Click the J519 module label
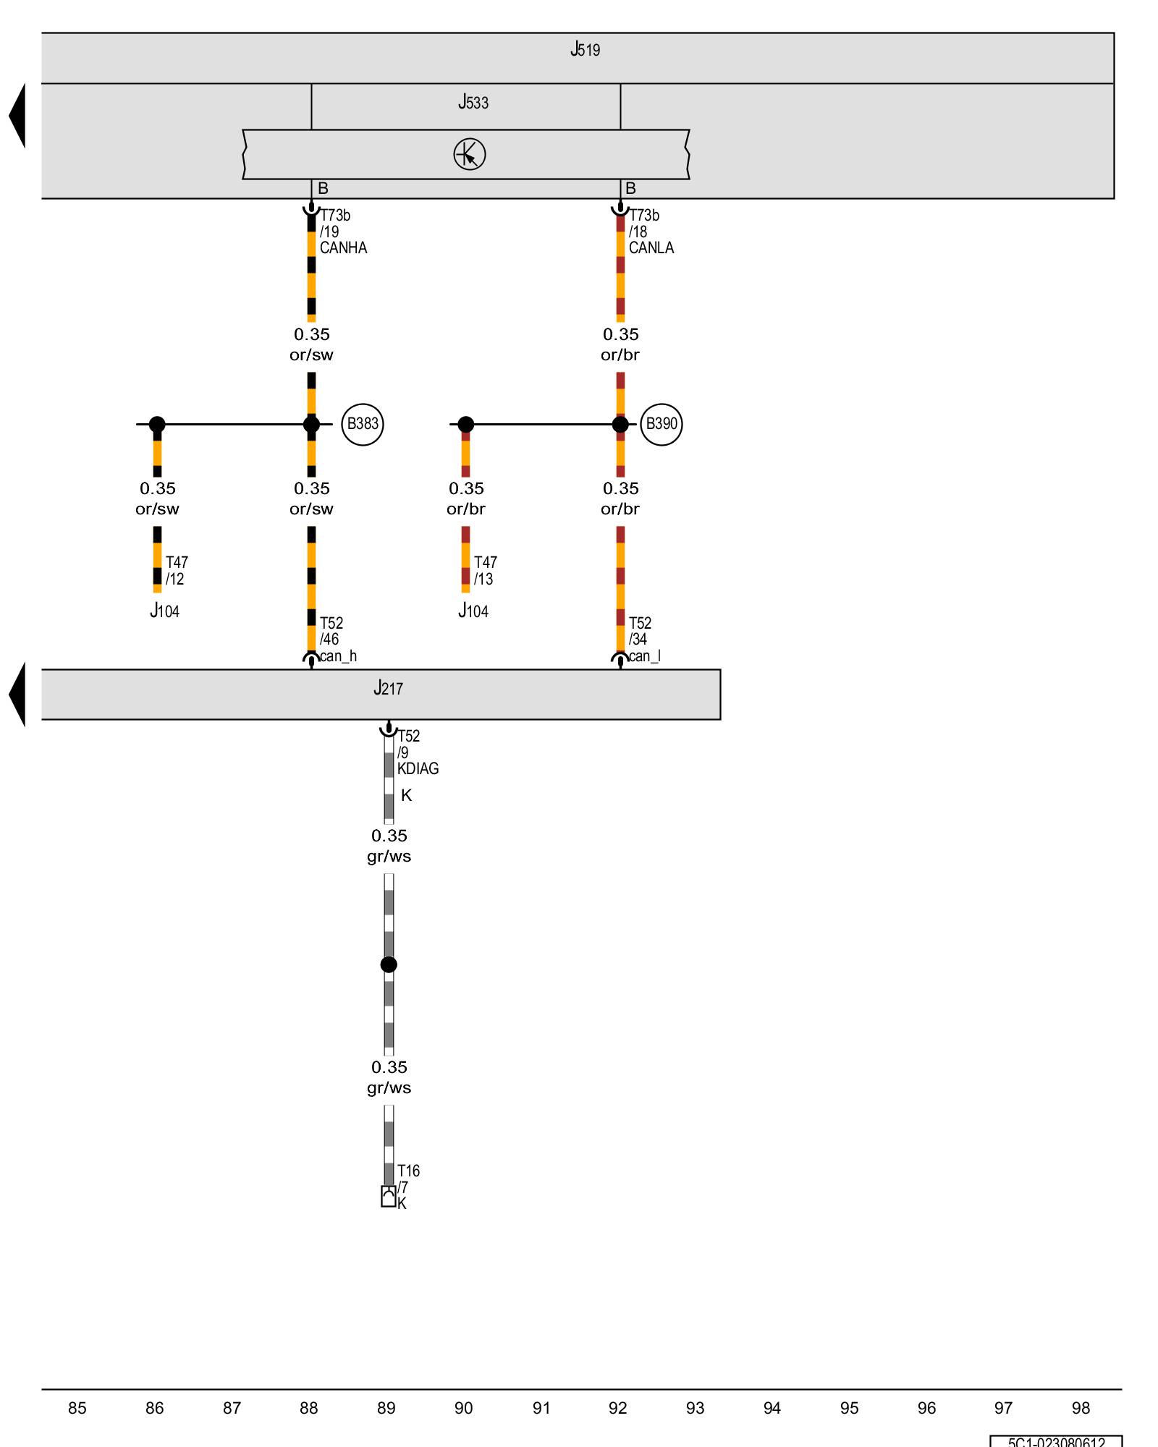585,50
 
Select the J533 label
473,103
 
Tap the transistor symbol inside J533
470,155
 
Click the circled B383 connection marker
363,424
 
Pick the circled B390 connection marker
662,424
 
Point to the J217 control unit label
388,689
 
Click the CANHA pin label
344,248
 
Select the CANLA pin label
651,248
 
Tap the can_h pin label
339,657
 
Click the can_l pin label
645,657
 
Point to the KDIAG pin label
418,769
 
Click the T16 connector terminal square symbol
389,1197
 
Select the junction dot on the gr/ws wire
389,964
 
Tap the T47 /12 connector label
177,571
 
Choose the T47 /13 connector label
485,571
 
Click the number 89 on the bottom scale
386,1409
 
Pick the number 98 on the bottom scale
1081,1409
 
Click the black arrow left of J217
17,695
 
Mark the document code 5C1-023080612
1057,1442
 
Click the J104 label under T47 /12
165,612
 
